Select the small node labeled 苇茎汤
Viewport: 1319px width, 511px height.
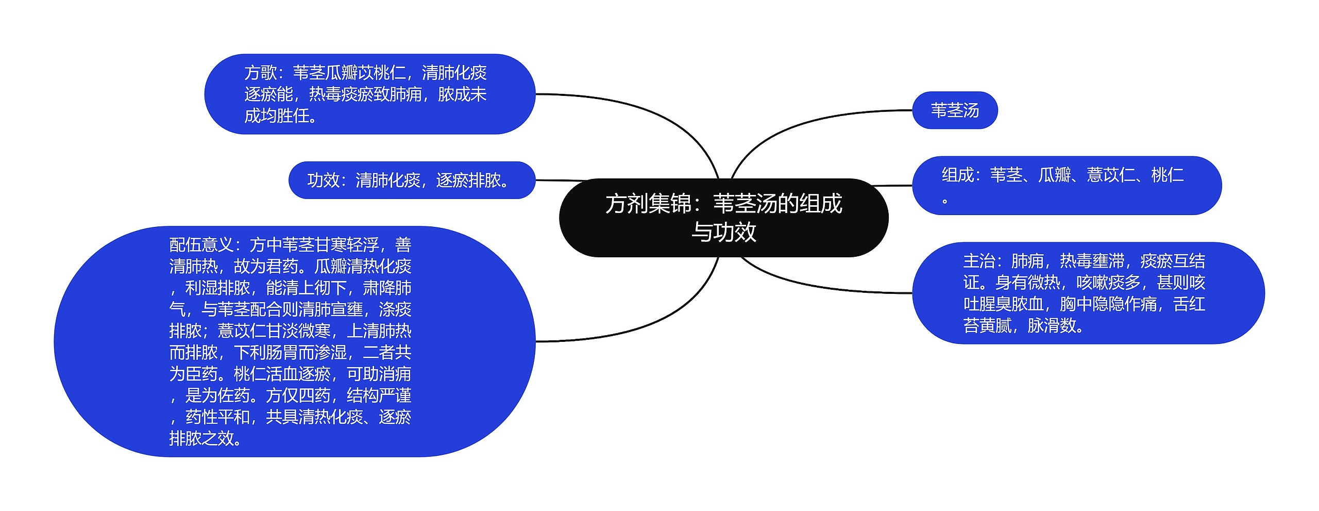point(954,110)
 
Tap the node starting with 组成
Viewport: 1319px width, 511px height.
point(1067,186)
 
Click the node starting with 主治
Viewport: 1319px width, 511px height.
point(1087,293)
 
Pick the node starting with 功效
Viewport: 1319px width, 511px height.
point(411,180)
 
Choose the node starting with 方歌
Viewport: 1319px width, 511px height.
point(369,94)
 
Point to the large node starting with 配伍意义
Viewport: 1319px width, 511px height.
point(294,341)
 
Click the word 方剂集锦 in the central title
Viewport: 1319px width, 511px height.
point(648,204)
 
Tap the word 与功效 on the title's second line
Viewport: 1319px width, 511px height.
point(723,232)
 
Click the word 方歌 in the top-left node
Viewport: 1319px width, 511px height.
point(261,73)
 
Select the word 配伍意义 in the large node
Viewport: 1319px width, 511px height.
point(201,244)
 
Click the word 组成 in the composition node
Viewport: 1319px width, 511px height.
point(958,175)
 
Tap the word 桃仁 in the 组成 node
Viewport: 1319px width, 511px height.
point(1168,175)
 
